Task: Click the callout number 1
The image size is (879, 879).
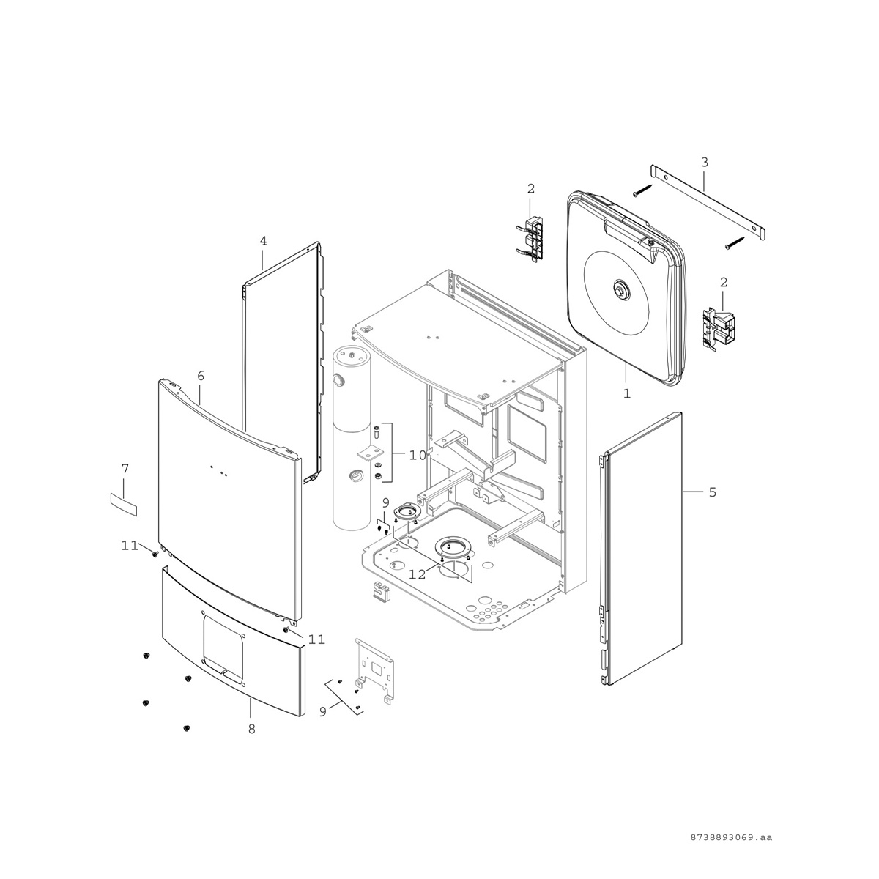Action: [x=627, y=393]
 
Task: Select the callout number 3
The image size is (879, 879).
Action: [x=704, y=162]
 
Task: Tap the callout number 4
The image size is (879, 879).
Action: [x=263, y=241]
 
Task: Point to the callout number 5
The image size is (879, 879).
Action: [x=713, y=492]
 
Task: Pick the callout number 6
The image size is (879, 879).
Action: [x=201, y=376]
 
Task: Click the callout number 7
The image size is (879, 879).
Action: [x=125, y=469]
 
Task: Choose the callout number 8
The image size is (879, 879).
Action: [x=252, y=742]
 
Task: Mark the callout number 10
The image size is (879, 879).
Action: [x=418, y=455]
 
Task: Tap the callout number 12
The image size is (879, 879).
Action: [x=418, y=575]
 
